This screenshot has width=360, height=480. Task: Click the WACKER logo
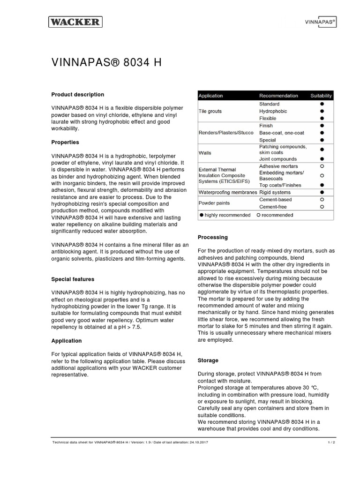75,22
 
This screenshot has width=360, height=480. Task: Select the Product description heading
77,94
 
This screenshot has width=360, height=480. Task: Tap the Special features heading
73,279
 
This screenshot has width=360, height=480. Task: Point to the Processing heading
213,238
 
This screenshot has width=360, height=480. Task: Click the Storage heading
208,360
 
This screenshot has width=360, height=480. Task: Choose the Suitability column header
321,96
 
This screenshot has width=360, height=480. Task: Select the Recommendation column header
278,96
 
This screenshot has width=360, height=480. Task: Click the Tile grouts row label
210,111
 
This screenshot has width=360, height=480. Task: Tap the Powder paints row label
213,203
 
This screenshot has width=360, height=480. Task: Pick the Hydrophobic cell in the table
273,111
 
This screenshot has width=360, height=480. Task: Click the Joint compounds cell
278,159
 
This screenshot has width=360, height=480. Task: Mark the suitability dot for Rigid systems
322,192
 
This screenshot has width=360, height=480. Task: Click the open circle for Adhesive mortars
322,166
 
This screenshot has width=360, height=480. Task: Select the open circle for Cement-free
322,207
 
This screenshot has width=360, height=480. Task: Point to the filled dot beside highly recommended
202,215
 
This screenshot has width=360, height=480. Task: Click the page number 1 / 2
331,442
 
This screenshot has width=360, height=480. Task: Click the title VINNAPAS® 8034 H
106,63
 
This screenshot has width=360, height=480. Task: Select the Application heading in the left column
66,341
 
